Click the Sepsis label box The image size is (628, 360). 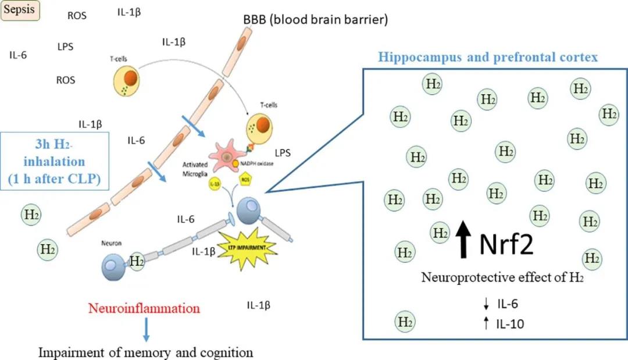20,10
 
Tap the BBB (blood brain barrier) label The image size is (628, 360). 315,20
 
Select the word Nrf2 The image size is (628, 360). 507,244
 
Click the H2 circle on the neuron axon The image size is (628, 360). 137,262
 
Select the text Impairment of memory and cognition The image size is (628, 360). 146,352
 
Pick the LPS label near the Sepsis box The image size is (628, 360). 65,47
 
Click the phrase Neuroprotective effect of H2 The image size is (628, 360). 502,277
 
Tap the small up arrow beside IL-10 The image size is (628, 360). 486,324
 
